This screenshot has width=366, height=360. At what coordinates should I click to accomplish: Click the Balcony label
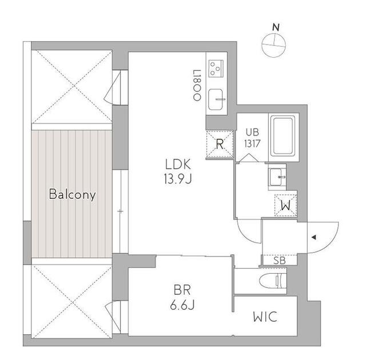pyautogui.click(x=73, y=194)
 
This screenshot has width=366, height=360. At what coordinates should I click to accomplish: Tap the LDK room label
pyautogui.click(x=178, y=165)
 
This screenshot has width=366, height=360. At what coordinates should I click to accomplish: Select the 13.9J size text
pyautogui.click(x=178, y=179)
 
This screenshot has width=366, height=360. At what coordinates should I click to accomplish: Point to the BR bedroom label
pyautogui.click(x=182, y=290)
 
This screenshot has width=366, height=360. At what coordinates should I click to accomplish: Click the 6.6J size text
pyautogui.click(x=182, y=305)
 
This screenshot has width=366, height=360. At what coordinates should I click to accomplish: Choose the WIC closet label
pyautogui.click(x=265, y=317)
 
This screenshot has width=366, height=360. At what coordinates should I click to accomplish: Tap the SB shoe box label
pyautogui.click(x=280, y=261)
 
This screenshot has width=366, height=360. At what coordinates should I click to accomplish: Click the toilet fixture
pyautogui.click(x=273, y=281)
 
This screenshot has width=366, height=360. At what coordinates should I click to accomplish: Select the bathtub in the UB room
pyautogui.click(x=283, y=137)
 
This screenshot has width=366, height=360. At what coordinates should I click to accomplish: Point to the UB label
pyautogui.click(x=252, y=133)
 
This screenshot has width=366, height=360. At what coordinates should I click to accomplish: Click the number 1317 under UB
pyautogui.click(x=252, y=143)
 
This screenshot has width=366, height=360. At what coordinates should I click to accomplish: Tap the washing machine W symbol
pyautogui.click(x=286, y=205)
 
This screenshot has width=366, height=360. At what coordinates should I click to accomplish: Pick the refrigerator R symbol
pyautogui.click(x=220, y=145)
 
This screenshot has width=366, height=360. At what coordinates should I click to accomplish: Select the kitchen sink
pyautogui.click(x=216, y=99)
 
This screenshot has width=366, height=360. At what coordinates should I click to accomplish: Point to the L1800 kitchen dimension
pyautogui.click(x=197, y=85)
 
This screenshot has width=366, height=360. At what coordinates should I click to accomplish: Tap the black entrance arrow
pyautogui.click(x=314, y=237)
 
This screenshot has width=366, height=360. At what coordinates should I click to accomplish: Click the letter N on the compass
pyautogui.click(x=276, y=28)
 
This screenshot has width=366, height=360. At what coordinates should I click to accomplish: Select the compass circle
pyautogui.click(x=273, y=45)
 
